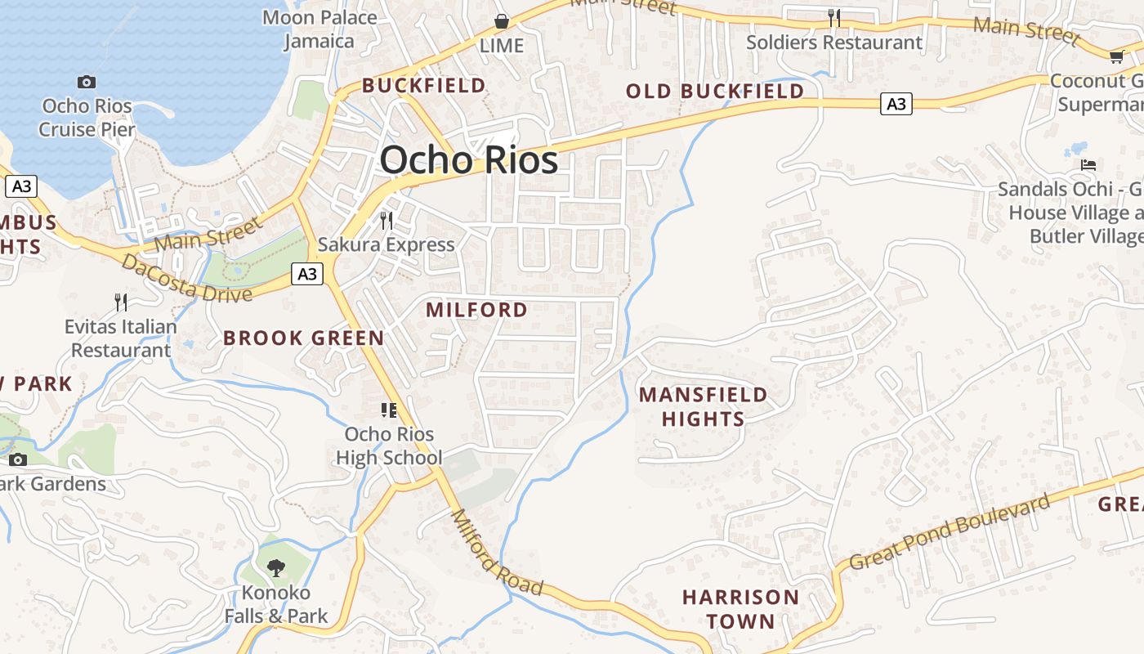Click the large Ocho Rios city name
pos(469,160)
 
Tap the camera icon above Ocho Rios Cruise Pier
pos(87,82)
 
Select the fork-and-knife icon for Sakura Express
pos(387,220)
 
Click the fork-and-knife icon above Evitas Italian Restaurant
pos(121,302)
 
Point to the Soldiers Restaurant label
pos(833,43)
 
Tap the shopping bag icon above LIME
pos(502,21)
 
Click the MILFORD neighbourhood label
pos(476,310)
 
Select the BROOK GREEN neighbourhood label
pos(303,338)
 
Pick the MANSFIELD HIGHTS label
pos(703,407)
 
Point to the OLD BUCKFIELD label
pos(715,91)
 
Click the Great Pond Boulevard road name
pos(950,532)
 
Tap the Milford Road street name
pos(497,553)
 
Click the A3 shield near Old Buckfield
pos(896,104)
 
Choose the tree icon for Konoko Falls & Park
pos(276,567)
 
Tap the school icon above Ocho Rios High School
pos(389,410)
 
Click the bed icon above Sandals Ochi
pos(1088,164)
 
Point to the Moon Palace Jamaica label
pos(320,29)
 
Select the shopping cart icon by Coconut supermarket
pos(1116,56)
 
